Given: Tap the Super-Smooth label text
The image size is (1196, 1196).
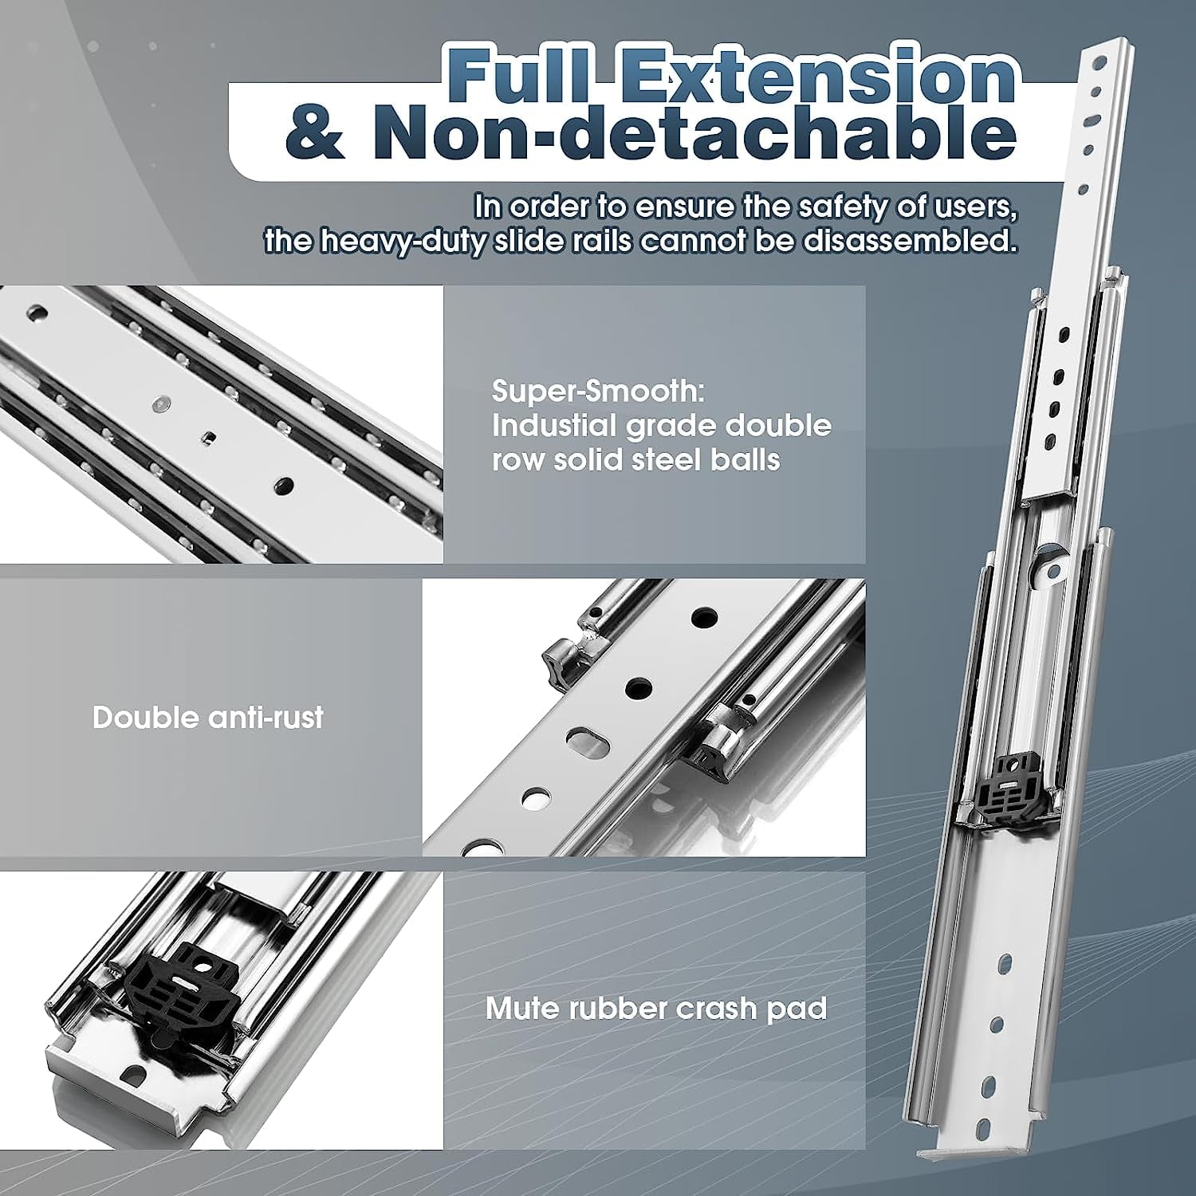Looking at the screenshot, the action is [598, 391].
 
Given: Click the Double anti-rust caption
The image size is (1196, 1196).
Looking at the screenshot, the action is [208, 718].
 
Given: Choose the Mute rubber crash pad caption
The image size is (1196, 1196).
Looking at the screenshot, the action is [656, 1009].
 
